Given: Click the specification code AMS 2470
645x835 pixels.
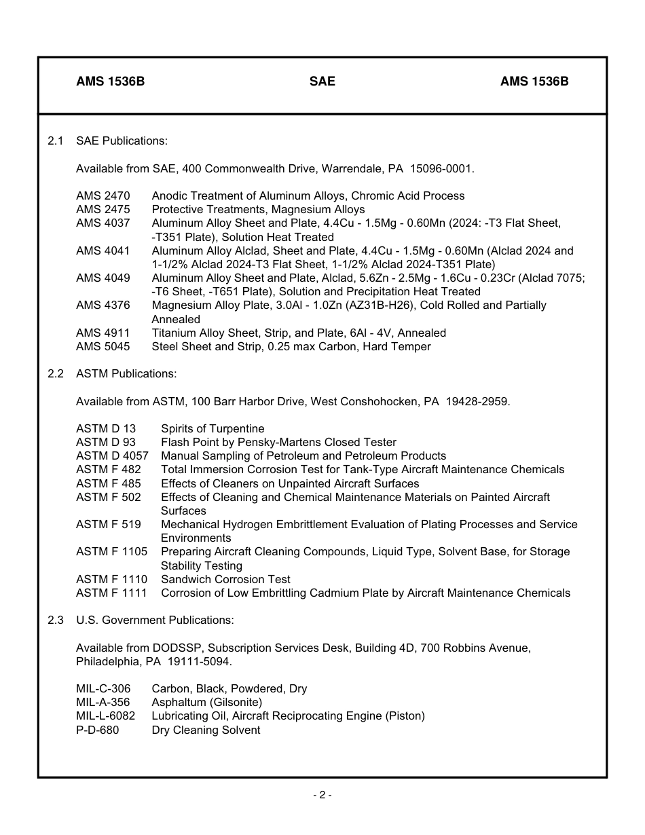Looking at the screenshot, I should [x=103, y=196].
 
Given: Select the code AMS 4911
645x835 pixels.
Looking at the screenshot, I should [x=103, y=333].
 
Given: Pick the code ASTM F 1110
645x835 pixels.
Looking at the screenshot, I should [x=111, y=579].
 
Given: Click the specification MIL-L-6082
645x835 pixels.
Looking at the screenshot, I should [x=105, y=716].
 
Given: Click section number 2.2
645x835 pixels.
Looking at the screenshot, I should [x=56, y=373].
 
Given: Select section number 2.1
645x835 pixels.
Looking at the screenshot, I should [x=56, y=141].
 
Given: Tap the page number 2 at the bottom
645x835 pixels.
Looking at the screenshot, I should [x=322, y=795].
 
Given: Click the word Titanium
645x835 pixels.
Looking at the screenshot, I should [x=174, y=333].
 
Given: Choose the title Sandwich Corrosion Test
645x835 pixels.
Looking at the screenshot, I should [x=225, y=579].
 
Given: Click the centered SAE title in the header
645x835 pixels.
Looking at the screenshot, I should [x=322, y=81].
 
